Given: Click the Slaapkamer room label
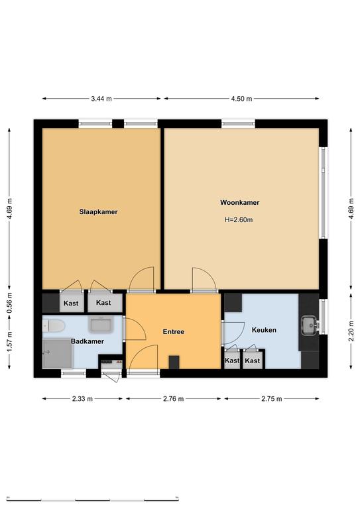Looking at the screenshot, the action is point(98,212).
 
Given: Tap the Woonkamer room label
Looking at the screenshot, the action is point(240,203).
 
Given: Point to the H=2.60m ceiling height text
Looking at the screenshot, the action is point(239,220).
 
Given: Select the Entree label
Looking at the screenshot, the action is point(174,332).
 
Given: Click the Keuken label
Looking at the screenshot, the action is point(265,330).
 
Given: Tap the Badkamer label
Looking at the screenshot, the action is point(88,341).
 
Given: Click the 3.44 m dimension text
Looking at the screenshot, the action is point(101,99).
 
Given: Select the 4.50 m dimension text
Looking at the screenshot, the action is point(241,99).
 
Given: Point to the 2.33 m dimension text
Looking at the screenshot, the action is point(82,398).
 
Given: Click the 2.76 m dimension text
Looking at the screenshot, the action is point(173,398).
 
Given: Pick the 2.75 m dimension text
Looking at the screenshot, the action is point(272,398).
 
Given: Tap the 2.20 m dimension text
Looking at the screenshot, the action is point(351,331).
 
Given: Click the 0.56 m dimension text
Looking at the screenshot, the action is point(9,302).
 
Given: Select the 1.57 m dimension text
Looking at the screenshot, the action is point(9,341).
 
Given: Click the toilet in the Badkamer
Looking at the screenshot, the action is point(54,326).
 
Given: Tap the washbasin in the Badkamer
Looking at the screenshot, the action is point(101,324).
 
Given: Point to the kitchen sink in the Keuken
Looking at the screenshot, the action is point(310,325).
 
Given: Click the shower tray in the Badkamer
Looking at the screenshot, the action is point(58,354).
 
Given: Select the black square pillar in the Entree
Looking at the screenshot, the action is point(174,363).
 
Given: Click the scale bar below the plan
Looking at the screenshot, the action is point(93,499).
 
